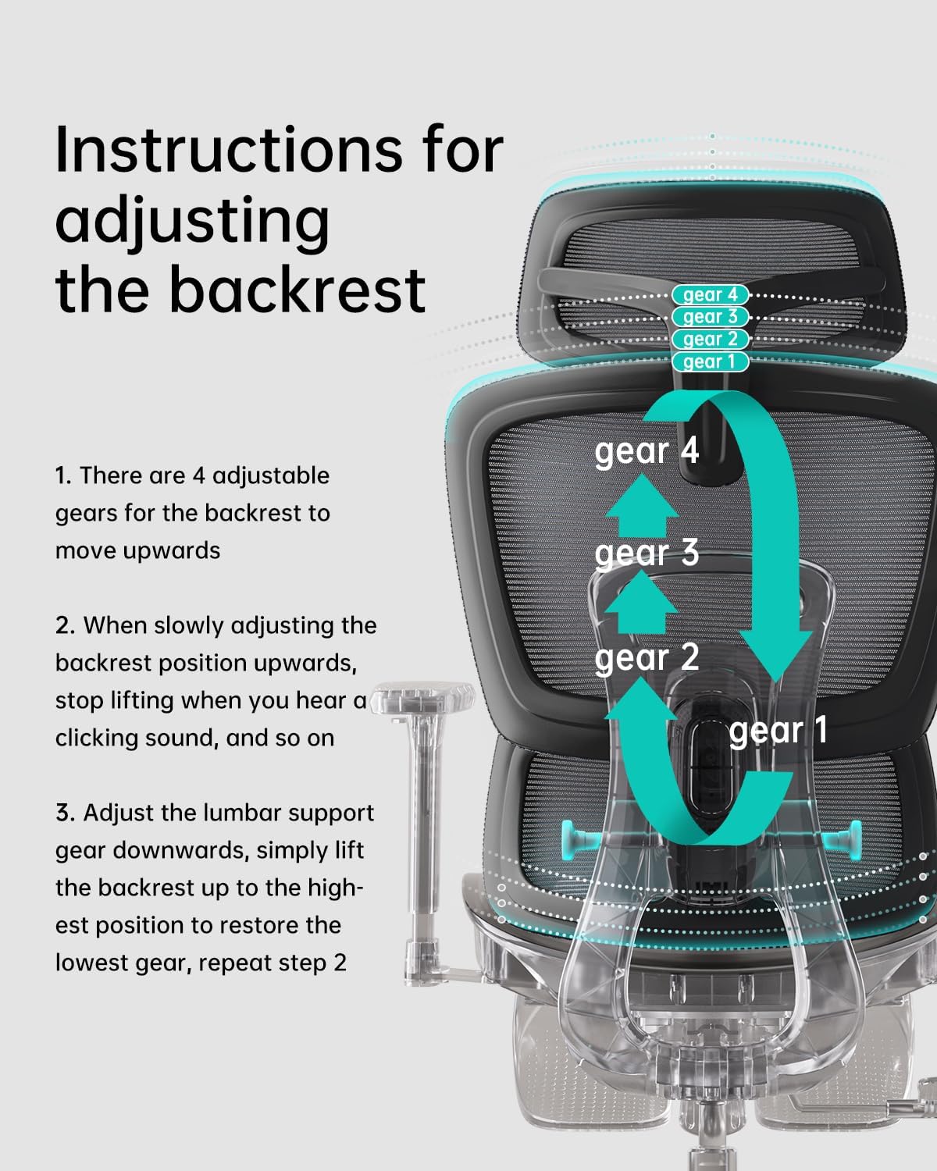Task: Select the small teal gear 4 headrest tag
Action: pyautogui.click(x=710, y=295)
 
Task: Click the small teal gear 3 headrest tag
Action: pyautogui.click(x=710, y=317)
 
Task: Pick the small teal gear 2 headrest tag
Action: pyautogui.click(x=710, y=340)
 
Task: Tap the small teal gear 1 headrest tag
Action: pyautogui.click(x=710, y=362)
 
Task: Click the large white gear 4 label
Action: pyautogui.click(x=646, y=451)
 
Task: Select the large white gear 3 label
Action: pyautogui.click(x=646, y=553)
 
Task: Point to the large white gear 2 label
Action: pyautogui.click(x=646, y=657)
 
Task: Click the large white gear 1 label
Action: pyautogui.click(x=777, y=731)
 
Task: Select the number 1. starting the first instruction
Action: pyautogui.click(x=63, y=475)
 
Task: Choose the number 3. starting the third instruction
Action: pyautogui.click(x=65, y=813)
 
